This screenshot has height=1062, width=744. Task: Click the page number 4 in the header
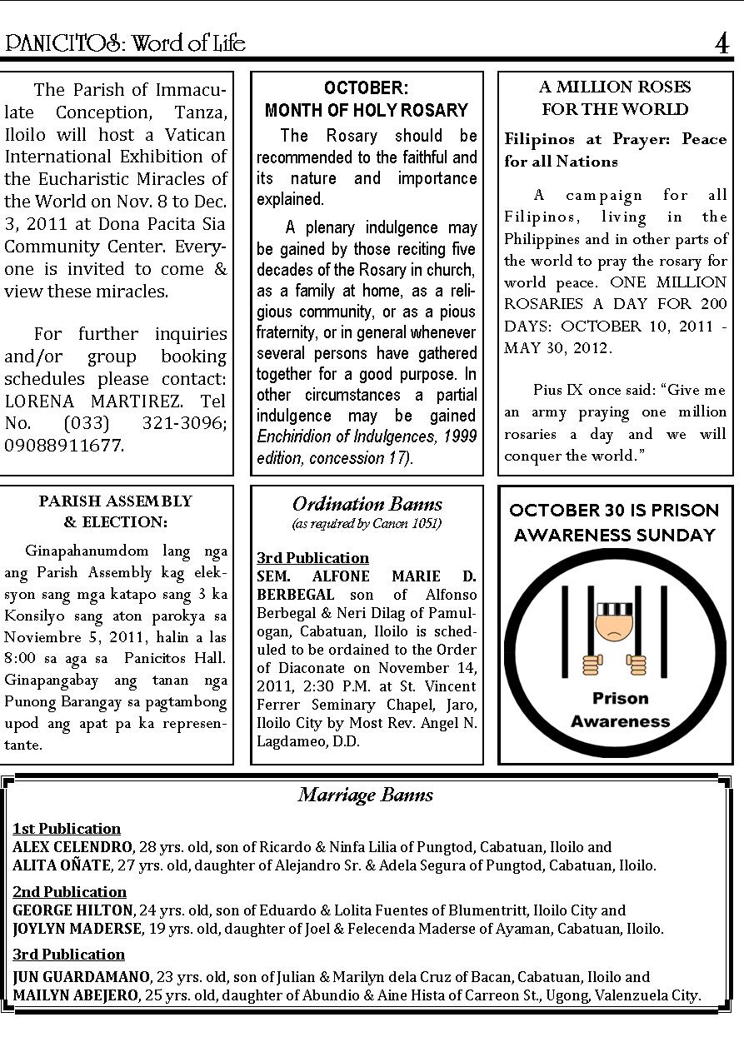click(722, 42)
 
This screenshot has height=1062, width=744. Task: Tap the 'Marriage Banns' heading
click(366, 795)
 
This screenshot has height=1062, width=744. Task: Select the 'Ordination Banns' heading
click(367, 504)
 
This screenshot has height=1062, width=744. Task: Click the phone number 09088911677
click(64, 446)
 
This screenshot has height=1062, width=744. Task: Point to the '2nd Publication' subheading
click(69, 892)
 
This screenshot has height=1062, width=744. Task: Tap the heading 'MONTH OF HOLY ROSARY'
click(367, 110)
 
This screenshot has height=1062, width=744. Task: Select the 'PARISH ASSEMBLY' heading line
click(115, 501)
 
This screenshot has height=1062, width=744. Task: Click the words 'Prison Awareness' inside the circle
click(620, 710)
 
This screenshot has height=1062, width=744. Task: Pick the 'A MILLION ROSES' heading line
click(615, 87)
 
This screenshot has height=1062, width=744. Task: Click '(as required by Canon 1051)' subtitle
click(367, 524)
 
